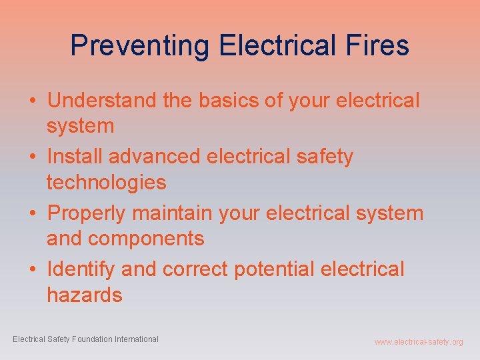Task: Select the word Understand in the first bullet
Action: click(x=103, y=101)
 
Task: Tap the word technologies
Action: click(x=106, y=181)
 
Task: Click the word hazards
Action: click(x=85, y=294)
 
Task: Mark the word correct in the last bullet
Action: click(x=195, y=269)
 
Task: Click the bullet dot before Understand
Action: click(x=32, y=101)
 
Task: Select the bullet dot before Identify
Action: click(x=32, y=270)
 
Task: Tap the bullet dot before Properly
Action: click(x=32, y=214)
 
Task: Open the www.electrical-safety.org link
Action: click(x=418, y=342)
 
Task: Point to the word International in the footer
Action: click(x=137, y=339)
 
